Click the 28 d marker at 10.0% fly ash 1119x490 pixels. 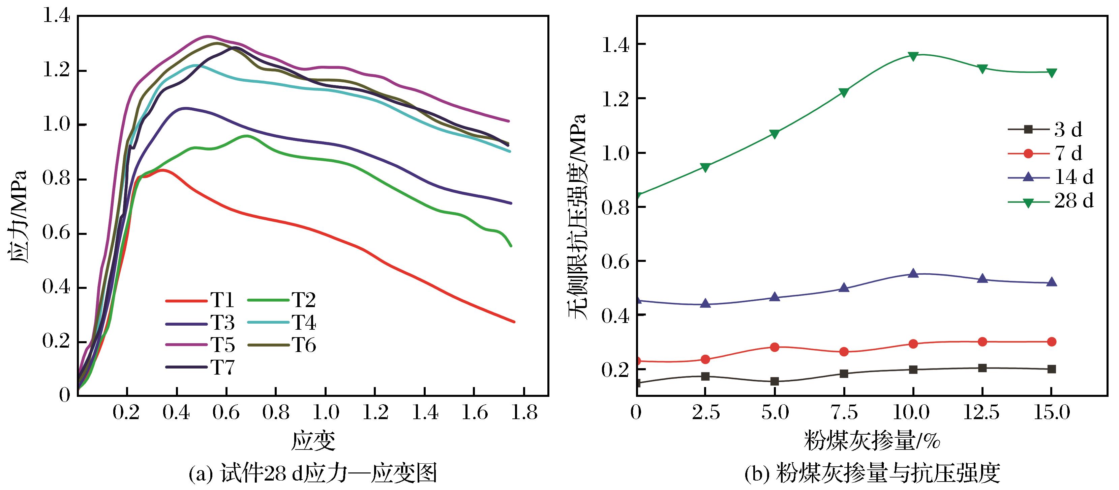click(x=913, y=56)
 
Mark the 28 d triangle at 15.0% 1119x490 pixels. click(x=1052, y=73)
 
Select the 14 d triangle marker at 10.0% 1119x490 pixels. click(x=913, y=273)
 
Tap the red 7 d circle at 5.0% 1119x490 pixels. click(x=775, y=347)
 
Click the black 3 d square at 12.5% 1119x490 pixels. click(x=982, y=368)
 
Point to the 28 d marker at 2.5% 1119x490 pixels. click(x=705, y=167)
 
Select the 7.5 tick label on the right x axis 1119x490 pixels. click(x=844, y=412)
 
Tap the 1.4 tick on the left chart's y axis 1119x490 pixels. click(x=56, y=17)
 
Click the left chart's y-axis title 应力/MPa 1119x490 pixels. click(x=18, y=217)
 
